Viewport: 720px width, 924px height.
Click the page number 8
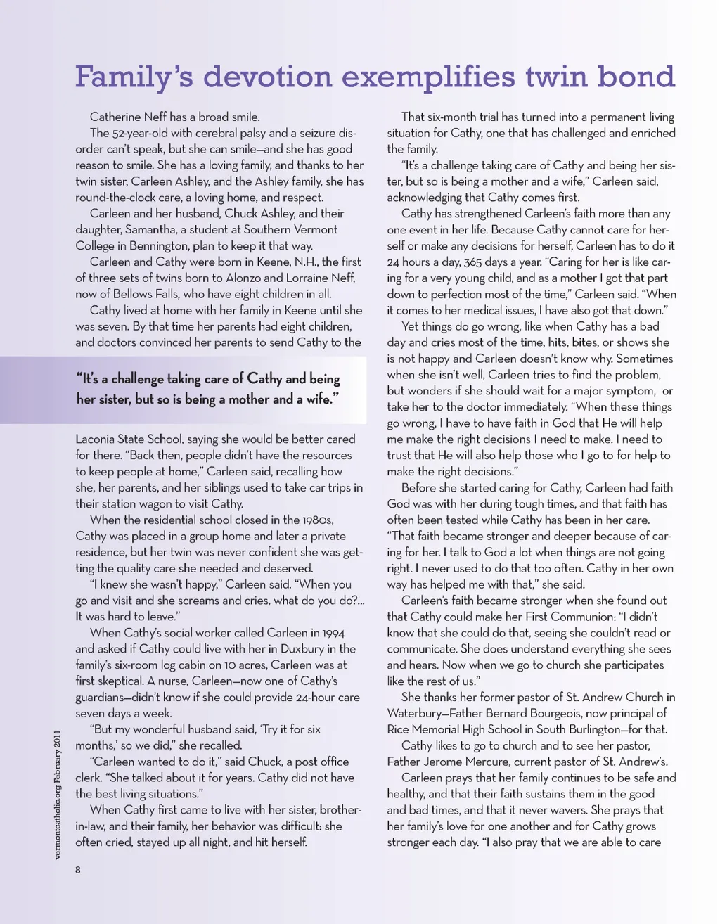coord(78,870)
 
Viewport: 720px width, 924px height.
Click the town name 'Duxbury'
coord(296,649)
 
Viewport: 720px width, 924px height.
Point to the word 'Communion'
coord(569,617)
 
